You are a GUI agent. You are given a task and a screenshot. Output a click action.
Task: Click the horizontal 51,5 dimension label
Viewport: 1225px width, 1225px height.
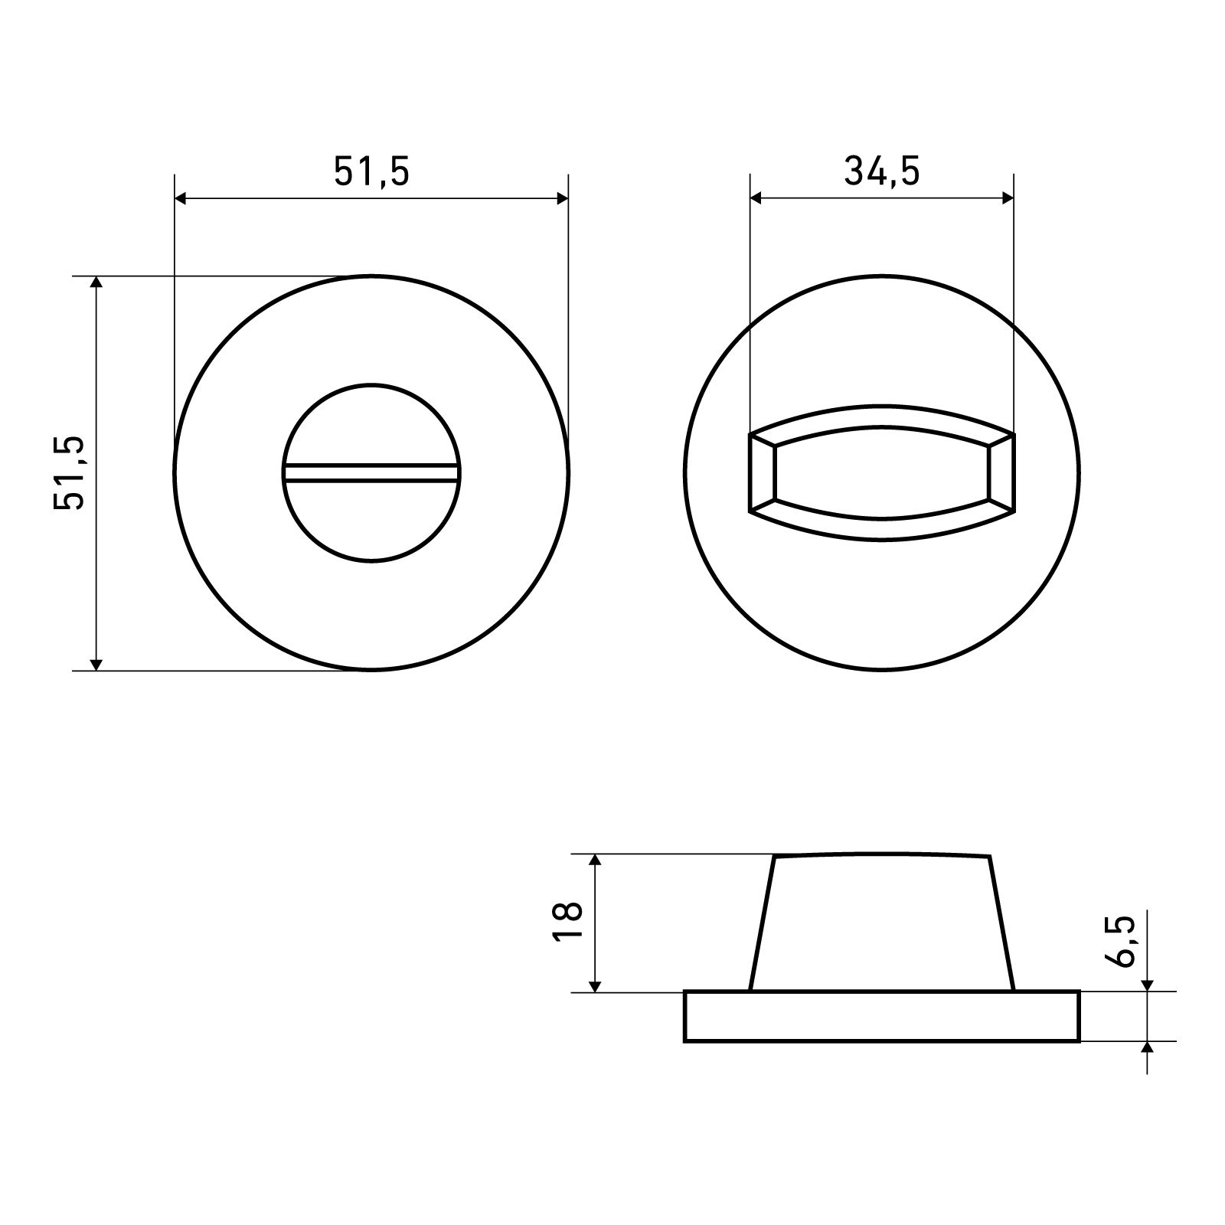coord(372,172)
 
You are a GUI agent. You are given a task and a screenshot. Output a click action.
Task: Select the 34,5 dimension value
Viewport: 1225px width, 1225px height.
coord(882,172)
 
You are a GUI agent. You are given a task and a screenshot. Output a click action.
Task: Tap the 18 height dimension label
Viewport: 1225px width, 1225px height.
coord(568,923)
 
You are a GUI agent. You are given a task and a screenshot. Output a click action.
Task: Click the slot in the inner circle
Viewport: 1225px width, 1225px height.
coord(372,473)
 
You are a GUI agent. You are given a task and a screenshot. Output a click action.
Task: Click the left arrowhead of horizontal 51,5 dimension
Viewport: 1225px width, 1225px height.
coord(181,199)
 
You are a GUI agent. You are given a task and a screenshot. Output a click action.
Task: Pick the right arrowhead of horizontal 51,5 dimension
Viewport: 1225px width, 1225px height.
coord(562,199)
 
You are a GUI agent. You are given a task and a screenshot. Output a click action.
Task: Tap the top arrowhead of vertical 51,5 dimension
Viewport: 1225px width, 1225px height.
coord(96,283)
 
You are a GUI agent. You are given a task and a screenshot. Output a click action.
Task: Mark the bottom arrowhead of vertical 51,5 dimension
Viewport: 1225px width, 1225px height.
coord(96,664)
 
